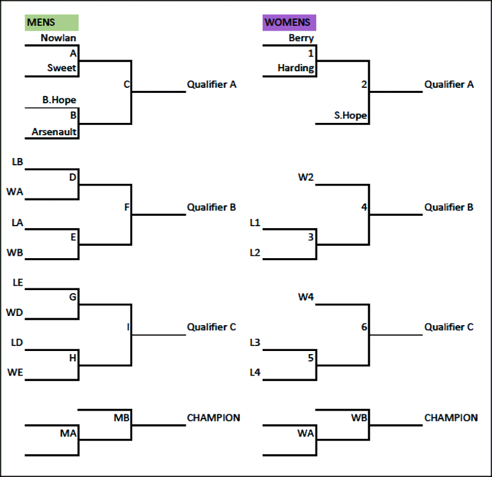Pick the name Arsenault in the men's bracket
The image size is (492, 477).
click(54, 132)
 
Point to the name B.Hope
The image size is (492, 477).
click(59, 100)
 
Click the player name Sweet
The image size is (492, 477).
click(61, 68)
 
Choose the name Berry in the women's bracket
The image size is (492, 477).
click(301, 38)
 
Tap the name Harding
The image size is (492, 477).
click(295, 68)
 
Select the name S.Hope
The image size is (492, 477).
click(350, 116)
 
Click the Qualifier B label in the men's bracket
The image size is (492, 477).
click(212, 208)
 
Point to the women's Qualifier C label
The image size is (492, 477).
click(449, 328)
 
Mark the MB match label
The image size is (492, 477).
click(122, 418)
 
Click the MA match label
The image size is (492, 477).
click(68, 433)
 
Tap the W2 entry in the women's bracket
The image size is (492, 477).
click(306, 178)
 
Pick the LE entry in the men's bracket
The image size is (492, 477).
click(17, 283)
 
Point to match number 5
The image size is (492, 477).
click(311, 357)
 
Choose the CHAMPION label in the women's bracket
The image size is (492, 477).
click(451, 418)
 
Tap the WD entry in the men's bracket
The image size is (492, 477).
click(15, 313)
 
